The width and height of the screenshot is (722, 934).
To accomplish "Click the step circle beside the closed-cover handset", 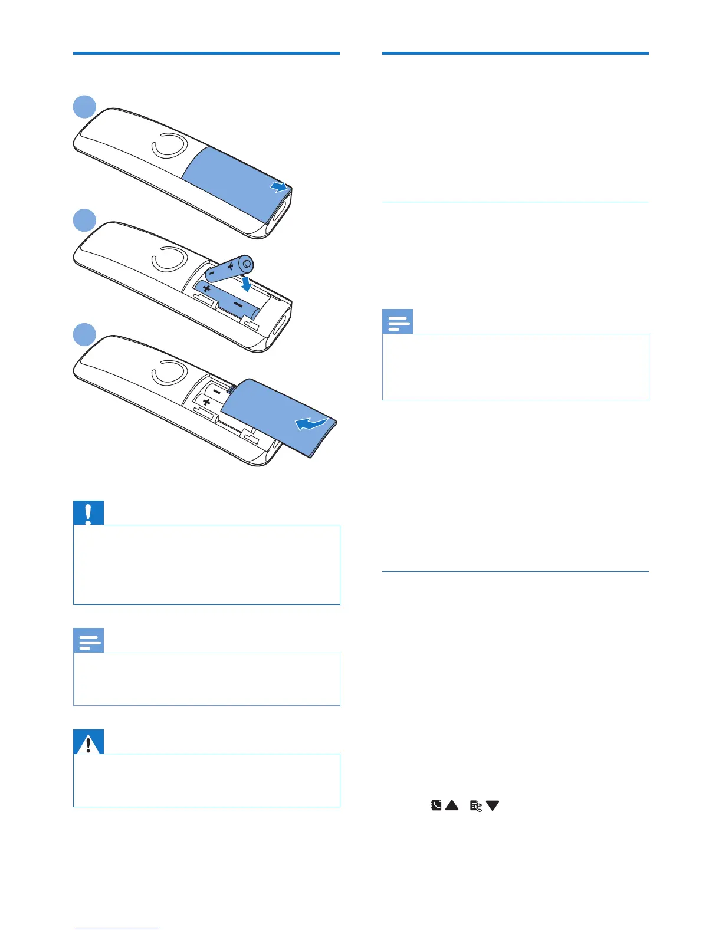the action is point(84,107).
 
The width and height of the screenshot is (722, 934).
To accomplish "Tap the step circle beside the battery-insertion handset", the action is point(84,220).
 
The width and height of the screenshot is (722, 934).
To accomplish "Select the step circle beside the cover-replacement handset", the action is point(84,334).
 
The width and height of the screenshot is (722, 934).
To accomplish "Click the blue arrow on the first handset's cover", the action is point(279,187).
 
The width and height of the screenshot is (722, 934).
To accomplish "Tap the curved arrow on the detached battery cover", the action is point(311,423).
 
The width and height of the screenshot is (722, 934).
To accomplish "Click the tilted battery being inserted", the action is point(229,269).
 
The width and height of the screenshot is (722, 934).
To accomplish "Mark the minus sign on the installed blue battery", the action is point(237,305).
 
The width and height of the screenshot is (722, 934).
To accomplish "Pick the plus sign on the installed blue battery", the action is point(206,289).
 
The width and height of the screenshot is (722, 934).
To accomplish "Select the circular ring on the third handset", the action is point(170,373).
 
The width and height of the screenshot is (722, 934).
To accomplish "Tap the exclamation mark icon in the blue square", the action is point(88,512).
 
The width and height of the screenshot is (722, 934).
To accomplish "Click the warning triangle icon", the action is point(88,742).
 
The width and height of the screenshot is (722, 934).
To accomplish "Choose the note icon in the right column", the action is point(398,322).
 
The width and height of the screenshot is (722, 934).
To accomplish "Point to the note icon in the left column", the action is point(88,641).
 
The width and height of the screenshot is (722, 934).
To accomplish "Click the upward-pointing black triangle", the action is point(452,805).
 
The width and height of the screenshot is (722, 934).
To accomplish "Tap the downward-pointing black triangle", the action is point(493,805).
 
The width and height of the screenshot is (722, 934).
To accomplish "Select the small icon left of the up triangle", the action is point(437,805).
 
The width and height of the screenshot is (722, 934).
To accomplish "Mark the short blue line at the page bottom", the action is point(117,929).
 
